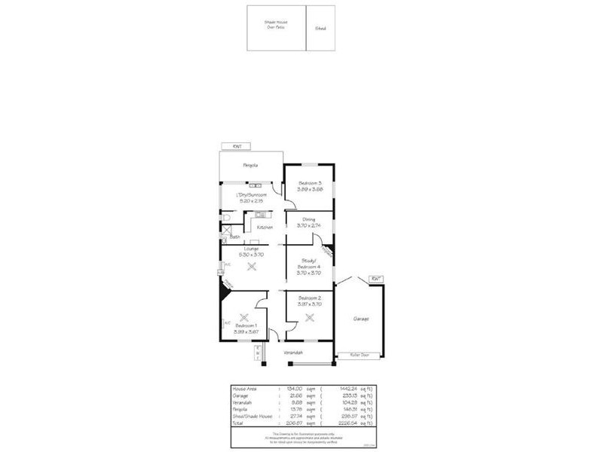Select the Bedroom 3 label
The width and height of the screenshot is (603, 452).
310,183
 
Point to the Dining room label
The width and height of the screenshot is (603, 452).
309,219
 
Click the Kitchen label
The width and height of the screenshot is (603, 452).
264,227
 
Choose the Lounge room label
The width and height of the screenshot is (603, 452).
251,249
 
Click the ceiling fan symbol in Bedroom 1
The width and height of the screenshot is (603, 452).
243,318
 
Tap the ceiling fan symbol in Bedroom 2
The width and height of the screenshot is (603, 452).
309,317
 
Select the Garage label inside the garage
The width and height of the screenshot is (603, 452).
360,319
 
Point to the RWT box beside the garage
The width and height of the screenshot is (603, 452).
376,279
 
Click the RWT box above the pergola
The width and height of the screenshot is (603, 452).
236,146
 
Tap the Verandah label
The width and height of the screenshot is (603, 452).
293,352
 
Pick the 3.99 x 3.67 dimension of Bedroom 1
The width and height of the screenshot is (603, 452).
246,332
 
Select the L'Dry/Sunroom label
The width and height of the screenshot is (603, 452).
251,194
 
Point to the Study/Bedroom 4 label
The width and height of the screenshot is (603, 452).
309,264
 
